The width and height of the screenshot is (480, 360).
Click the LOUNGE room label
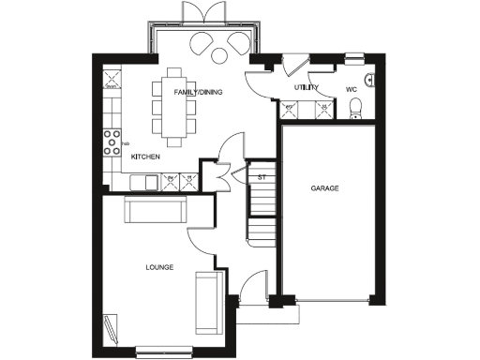click(159, 267)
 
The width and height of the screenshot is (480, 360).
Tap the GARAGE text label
click(325, 188)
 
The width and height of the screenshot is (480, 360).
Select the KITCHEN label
click(145, 157)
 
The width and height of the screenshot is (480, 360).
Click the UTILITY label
click(306, 87)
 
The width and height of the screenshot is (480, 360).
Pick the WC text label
click(352, 90)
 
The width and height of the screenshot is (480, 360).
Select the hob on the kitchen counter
click(108, 145)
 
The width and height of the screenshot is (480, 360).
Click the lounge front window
click(165, 352)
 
